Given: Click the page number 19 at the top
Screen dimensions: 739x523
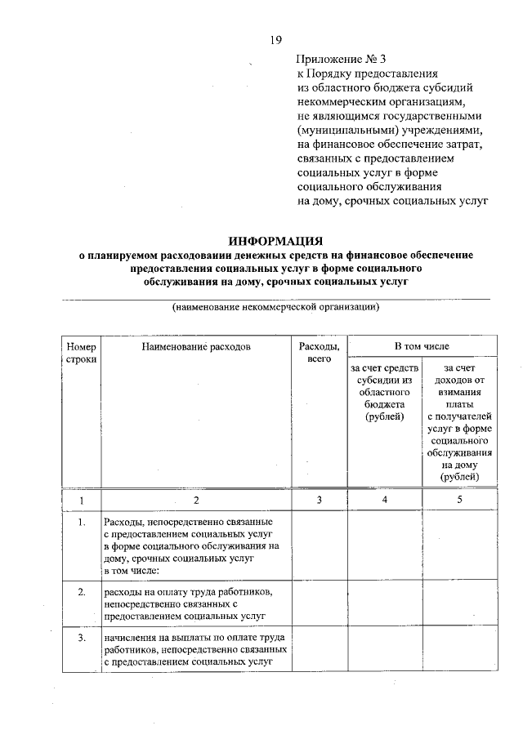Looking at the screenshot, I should pyautogui.click(x=276, y=40).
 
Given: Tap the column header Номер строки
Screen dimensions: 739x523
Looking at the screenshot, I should pyautogui.click(x=82, y=353).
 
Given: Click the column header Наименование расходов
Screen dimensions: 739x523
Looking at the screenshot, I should pyautogui.click(x=195, y=346).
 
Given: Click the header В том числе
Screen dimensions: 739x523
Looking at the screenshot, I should pyautogui.click(x=422, y=346).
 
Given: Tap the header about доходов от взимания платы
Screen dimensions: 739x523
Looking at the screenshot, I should pyautogui.click(x=458, y=423).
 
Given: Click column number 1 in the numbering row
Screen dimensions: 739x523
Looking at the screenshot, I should pyautogui.click(x=82, y=499).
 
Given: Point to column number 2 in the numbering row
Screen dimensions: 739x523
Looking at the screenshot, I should pyautogui.click(x=195, y=499).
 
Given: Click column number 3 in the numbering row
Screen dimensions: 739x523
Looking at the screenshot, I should pyautogui.click(x=319, y=499).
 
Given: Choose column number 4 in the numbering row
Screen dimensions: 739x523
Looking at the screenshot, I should pyautogui.click(x=385, y=499).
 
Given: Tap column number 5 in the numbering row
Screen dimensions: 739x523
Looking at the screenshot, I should pyautogui.click(x=458, y=499).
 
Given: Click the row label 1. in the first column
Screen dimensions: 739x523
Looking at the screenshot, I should pyautogui.click(x=82, y=522).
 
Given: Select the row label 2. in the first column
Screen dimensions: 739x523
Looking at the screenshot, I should pyautogui.click(x=82, y=591).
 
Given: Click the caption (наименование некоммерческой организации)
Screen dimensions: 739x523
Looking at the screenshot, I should pyautogui.click(x=275, y=308).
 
